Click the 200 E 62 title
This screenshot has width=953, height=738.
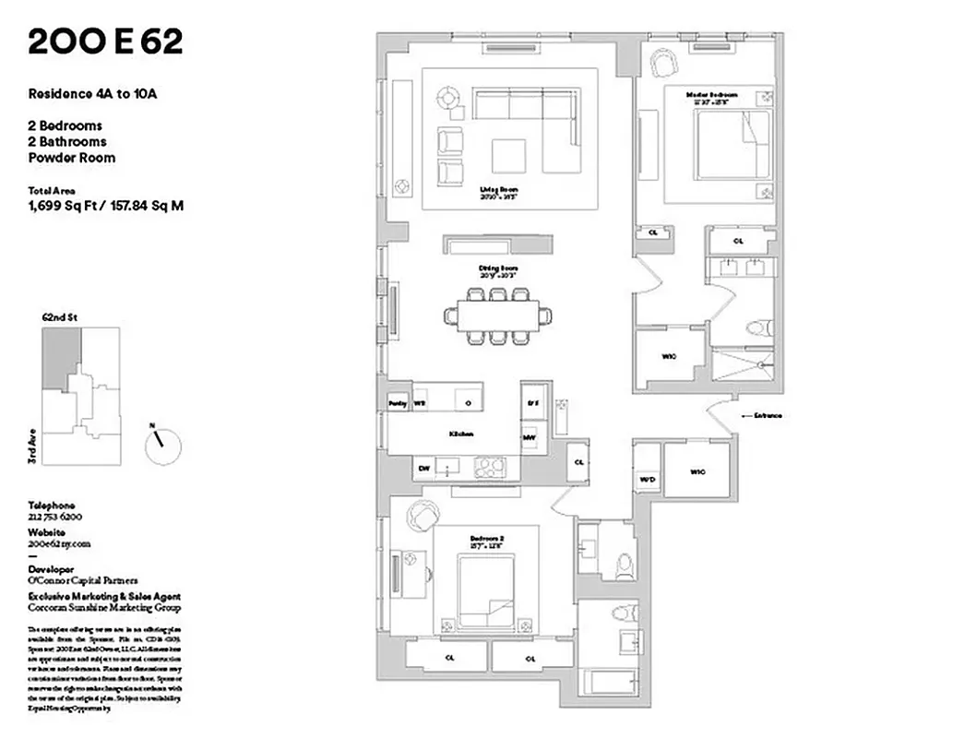pos(105,42)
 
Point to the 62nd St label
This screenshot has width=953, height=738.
pos(60,317)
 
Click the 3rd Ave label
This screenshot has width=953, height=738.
pos(31,446)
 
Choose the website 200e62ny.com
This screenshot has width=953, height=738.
pos(60,544)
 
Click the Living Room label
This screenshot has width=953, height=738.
pos(494,192)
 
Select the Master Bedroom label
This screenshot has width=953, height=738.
pos(712,96)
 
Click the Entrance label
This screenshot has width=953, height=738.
pos(768,416)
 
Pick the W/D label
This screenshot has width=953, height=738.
pos(647,479)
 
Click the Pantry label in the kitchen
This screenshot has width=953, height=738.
pos(398,404)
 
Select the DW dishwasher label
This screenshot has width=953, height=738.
pos(424,469)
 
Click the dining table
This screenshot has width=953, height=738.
pos(498,315)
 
